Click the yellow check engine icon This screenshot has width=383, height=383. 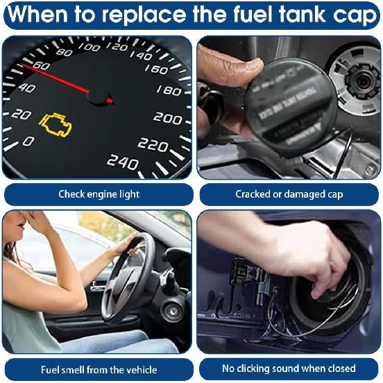[55, 124]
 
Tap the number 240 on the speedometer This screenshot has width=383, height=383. [122, 162]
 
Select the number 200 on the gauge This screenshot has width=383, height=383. [167, 118]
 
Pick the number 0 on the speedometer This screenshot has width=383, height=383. [28, 141]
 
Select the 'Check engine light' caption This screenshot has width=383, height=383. [98, 194]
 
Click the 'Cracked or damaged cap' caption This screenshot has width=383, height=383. [288, 194]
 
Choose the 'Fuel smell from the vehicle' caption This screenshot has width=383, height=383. [98, 369]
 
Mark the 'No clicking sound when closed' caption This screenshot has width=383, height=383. [288, 368]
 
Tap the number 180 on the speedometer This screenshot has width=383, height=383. [169, 90]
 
